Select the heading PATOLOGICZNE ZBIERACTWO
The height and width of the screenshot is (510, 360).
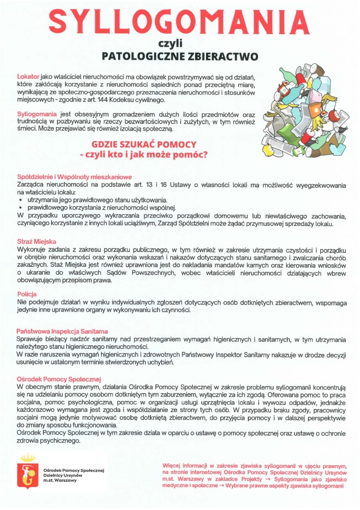pos(179,56)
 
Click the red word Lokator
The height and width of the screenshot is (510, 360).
pos(29,76)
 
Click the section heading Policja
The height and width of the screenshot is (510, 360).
pos(27,294)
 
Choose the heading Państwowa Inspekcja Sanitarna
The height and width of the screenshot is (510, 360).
pos(62,331)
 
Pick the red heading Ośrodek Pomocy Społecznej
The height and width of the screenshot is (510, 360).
pos(59,379)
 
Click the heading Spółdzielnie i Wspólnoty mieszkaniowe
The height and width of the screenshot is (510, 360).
pos(74,176)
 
